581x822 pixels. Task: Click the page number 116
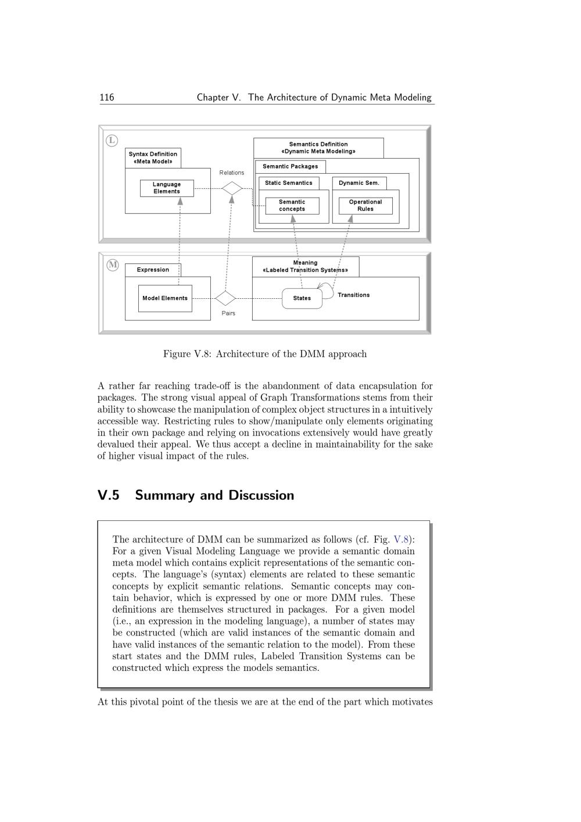(x=107, y=98)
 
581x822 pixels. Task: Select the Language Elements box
(x=167, y=188)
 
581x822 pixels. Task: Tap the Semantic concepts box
(x=292, y=206)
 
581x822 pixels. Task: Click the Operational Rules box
(x=365, y=206)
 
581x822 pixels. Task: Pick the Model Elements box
(x=165, y=298)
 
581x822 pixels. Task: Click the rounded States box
(x=302, y=298)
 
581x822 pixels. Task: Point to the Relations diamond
(x=232, y=188)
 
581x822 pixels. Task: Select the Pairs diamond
(x=225, y=298)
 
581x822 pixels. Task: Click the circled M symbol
(x=113, y=265)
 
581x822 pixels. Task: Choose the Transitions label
(x=353, y=295)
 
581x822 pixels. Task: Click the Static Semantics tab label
(x=289, y=183)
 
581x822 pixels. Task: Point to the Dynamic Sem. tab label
(x=359, y=183)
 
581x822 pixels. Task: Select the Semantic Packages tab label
(x=290, y=166)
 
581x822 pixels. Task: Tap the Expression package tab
(x=153, y=270)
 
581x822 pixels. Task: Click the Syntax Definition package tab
(x=153, y=158)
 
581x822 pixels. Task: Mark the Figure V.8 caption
(x=265, y=354)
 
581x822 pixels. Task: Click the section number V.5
(x=109, y=495)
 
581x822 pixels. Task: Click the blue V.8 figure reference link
(x=401, y=539)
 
